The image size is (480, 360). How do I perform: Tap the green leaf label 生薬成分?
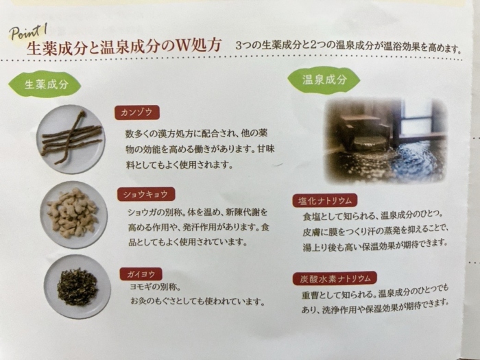pyautogui.click(x=47, y=85)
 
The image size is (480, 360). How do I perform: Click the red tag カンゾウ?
pyautogui.click(x=138, y=112)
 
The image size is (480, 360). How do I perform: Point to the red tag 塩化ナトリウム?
pyautogui.click(x=326, y=200)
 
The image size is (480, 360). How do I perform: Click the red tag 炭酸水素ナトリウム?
pyautogui.click(x=334, y=278)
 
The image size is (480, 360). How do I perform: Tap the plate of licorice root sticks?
pyautogui.click(x=71, y=139)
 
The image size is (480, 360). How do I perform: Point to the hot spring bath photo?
pyautogui.click(x=386, y=140)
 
